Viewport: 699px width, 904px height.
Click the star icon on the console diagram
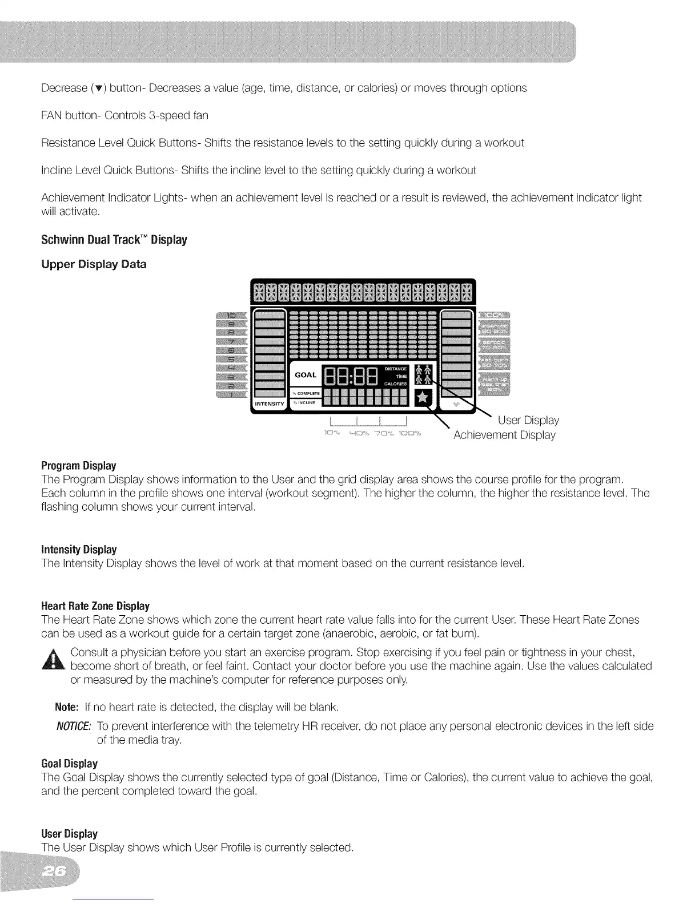423,397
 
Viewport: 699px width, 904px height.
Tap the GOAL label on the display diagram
306,375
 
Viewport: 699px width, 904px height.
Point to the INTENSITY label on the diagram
268,404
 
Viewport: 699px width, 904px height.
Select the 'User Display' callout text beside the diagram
528,421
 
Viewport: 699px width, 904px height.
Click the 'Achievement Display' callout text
504,435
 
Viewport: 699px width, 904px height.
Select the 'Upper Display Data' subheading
94,264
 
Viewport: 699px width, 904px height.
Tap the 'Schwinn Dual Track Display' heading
114,240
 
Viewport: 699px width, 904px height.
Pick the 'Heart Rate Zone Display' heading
95,606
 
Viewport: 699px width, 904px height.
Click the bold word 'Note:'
66,708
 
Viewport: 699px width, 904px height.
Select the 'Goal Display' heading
69,764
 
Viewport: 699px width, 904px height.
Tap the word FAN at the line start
53,115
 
